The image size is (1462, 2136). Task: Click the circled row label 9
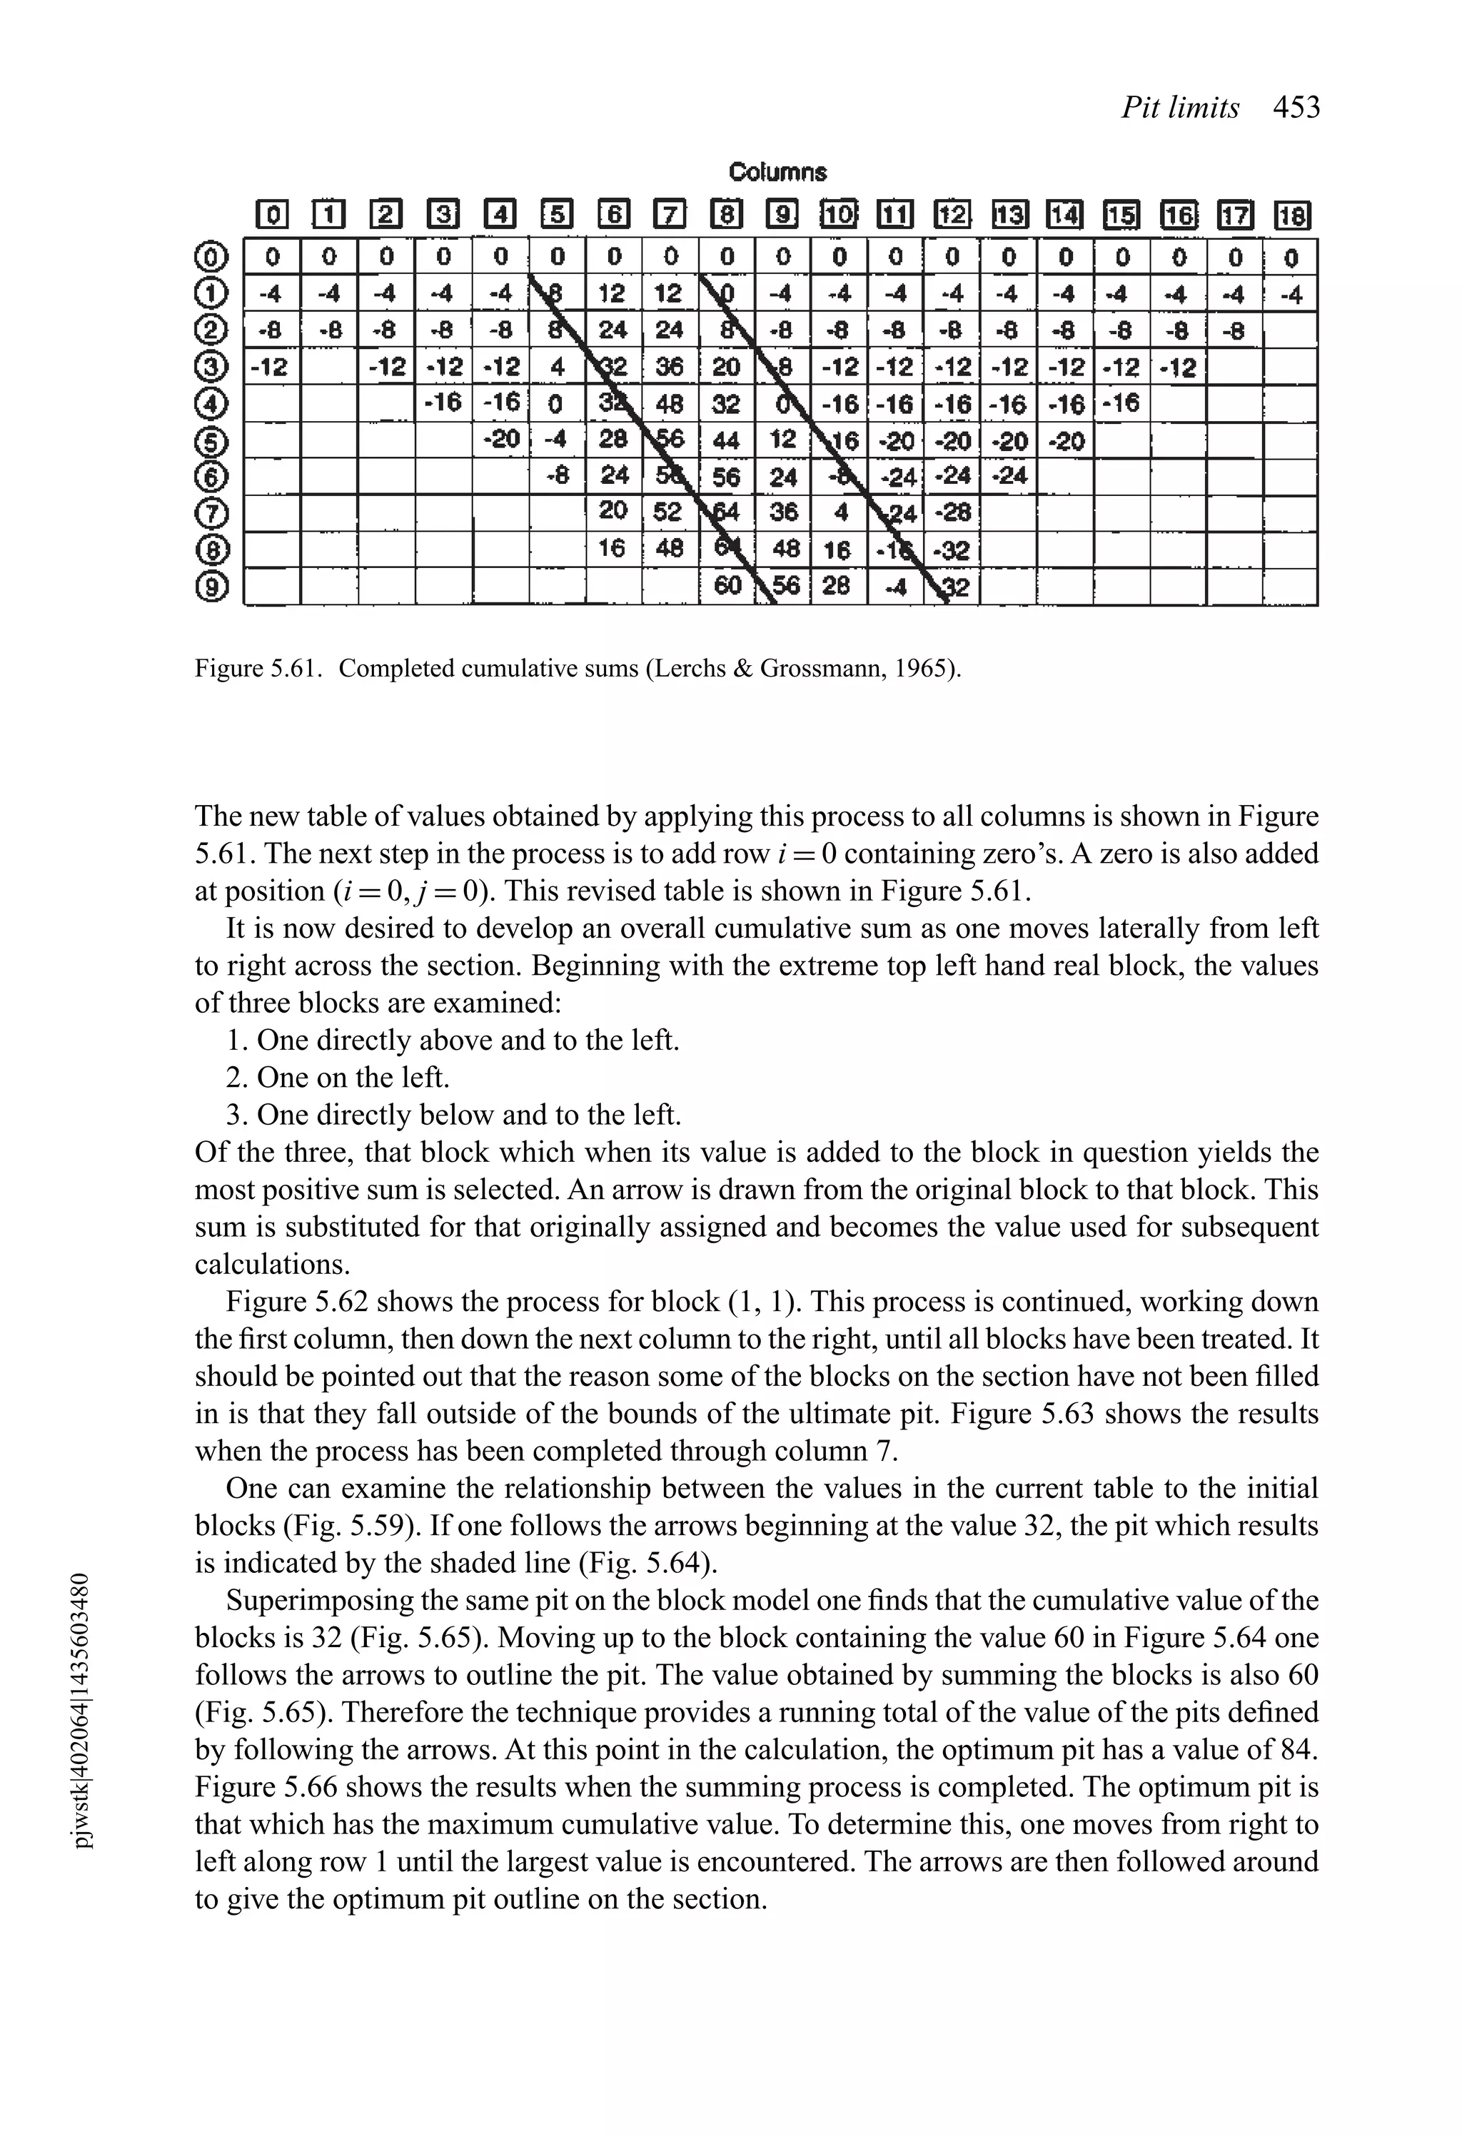(x=211, y=587)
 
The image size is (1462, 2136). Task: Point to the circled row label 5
(x=211, y=440)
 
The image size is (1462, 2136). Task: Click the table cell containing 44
(x=725, y=440)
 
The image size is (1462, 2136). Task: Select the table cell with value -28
(x=954, y=513)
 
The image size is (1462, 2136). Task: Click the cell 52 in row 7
(x=668, y=513)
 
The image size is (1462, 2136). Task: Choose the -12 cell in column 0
(x=271, y=368)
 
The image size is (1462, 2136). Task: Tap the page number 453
(x=1296, y=108)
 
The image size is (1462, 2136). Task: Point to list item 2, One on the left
(x=338, y=1076)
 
